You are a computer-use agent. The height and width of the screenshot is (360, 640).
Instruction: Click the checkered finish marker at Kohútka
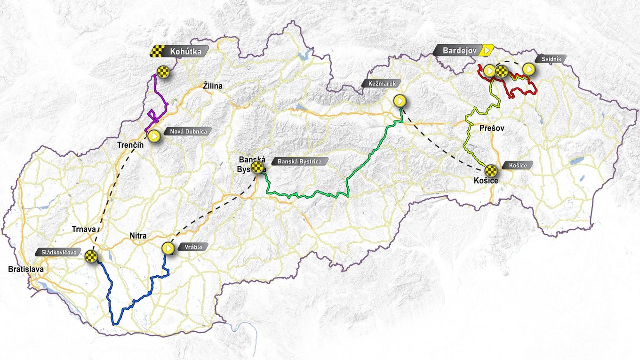[163, 72]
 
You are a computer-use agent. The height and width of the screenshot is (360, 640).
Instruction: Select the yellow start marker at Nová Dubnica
[154, 136]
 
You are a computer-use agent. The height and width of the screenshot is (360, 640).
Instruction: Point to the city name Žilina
[213, 86]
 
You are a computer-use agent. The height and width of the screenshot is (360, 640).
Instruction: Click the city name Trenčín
[130, 145]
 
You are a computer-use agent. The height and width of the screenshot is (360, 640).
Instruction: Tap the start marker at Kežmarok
[400, 101]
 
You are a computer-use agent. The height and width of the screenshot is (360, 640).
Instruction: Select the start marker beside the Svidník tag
[528, 70]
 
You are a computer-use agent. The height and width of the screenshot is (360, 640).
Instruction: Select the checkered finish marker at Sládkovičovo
[91, 256]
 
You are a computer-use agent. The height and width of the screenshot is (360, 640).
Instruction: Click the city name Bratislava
[25, 270]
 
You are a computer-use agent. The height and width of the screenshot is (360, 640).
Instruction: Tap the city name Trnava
[84, 229]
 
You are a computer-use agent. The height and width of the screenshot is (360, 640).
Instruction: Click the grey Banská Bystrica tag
[300, 161]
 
